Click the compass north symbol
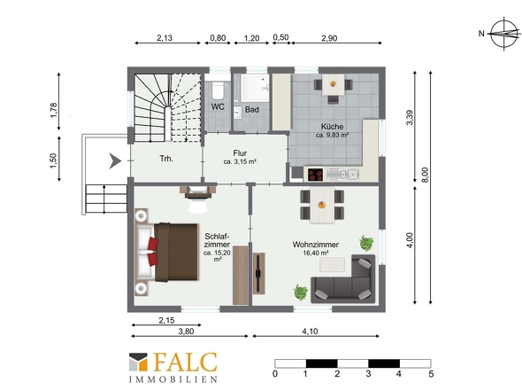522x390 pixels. (504, 34)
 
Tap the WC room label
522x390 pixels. (218, 106)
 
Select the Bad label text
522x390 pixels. (252, 109)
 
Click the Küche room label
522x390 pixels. (333, 127)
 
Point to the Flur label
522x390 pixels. (240, 153)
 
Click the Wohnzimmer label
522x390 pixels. (316, 245)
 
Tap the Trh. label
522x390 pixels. (166, 159)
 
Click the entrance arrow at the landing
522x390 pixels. (116, 161)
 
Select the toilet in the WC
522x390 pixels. (218, 89)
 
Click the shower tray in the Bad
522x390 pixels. (255, 88)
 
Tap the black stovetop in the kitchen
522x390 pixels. (315, 175)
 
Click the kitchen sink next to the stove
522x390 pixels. (343, 174)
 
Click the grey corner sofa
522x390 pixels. (343, 279)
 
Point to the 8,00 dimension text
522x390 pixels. (426, 174)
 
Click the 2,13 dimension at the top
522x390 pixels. (165, 38)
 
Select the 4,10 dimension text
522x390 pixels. (310, 331)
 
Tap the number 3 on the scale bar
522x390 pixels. (369, 374)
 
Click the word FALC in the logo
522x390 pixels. (186, 363)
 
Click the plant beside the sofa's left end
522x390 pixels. (300, 292)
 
